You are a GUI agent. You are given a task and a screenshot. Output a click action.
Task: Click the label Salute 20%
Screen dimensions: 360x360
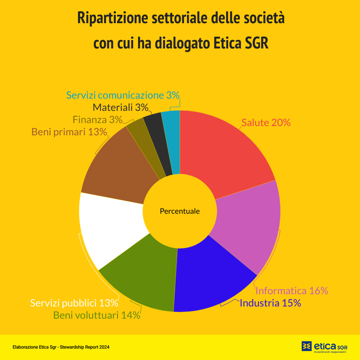[x=266, y=123]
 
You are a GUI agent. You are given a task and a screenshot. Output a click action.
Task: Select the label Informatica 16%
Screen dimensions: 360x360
[x=292, y=290]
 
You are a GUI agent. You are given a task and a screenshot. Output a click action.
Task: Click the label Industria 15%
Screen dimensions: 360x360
[x=270, y=303]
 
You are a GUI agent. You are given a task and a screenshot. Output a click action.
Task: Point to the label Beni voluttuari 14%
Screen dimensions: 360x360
[x=96, y=315]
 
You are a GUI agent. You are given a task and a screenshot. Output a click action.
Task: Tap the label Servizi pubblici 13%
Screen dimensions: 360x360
[x=74, y=303]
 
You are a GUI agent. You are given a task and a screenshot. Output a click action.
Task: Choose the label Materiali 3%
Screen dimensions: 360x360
[x=120, y=107]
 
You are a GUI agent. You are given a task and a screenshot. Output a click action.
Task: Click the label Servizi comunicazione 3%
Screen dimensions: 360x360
[x=123, y=95]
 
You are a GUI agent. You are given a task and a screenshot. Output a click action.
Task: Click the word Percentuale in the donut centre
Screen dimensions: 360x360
[x=180, y=211]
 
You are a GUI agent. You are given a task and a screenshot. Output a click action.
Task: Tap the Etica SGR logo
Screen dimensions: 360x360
[x=324, y=347]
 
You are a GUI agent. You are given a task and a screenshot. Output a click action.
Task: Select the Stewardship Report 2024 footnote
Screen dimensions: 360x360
[x=61, y=347]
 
